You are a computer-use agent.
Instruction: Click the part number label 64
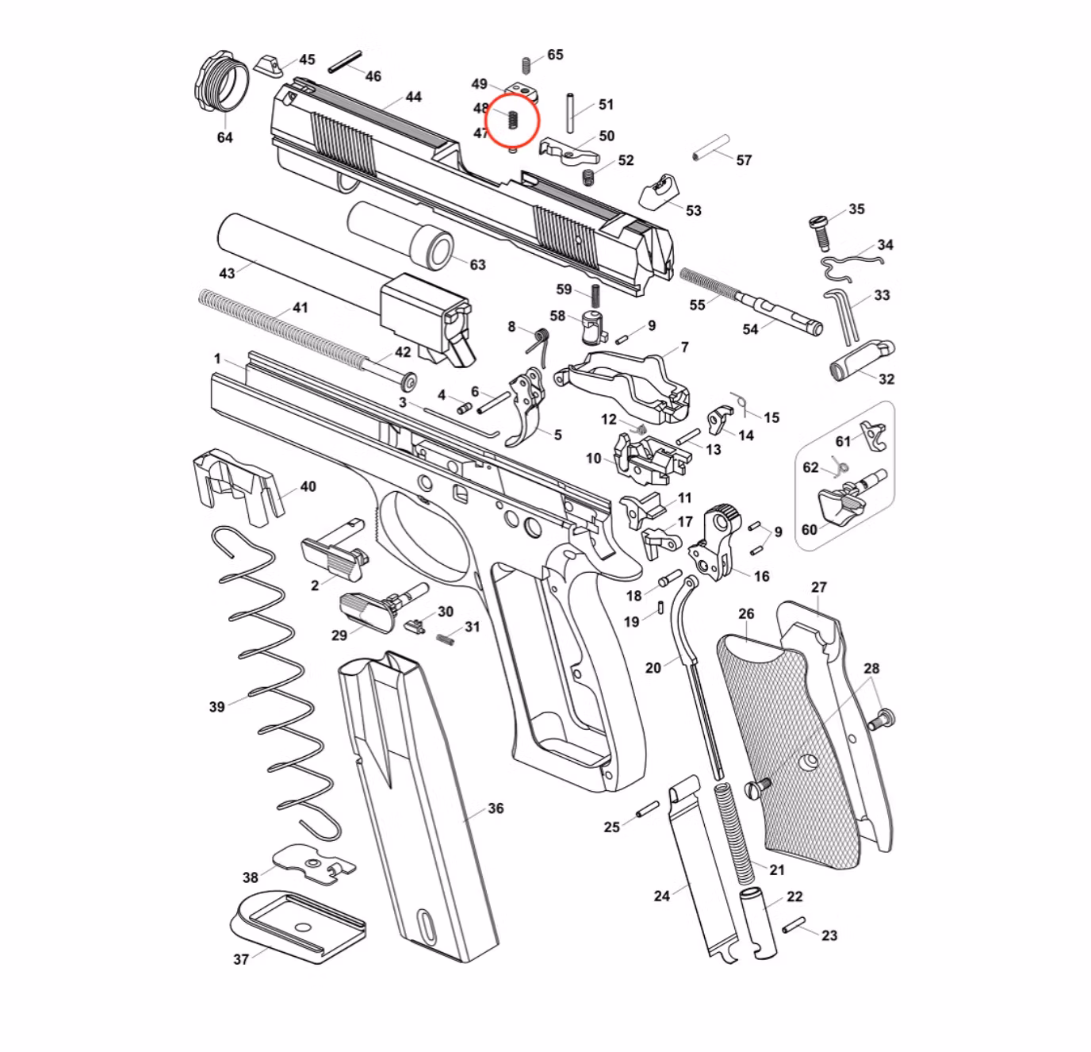click(x=225, y=137)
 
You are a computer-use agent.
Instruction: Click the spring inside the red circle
click(x=512, y=121)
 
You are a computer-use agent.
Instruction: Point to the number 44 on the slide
click(x=413, y=97)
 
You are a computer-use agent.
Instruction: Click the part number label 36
click(x=496, y=808)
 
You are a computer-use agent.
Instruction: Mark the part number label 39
click(x=217, y=706)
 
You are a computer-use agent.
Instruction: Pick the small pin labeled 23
click(x=793, y=925)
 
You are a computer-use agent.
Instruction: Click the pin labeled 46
click(x=345, y=62)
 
